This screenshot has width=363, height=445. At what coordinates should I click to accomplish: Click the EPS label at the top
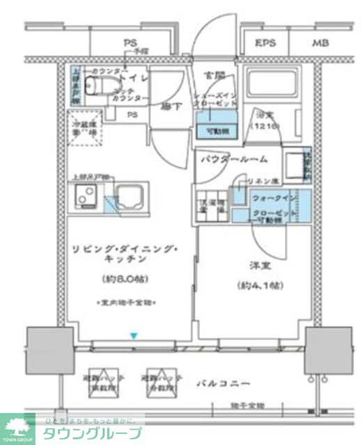[265, 44]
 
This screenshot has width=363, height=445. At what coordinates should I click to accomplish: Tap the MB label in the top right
[320, 44]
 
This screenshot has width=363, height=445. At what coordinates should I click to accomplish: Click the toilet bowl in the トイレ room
[93, 84]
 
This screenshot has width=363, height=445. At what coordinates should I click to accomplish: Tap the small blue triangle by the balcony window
[134, 337]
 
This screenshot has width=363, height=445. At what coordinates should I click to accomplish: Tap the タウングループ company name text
[91, 434]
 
